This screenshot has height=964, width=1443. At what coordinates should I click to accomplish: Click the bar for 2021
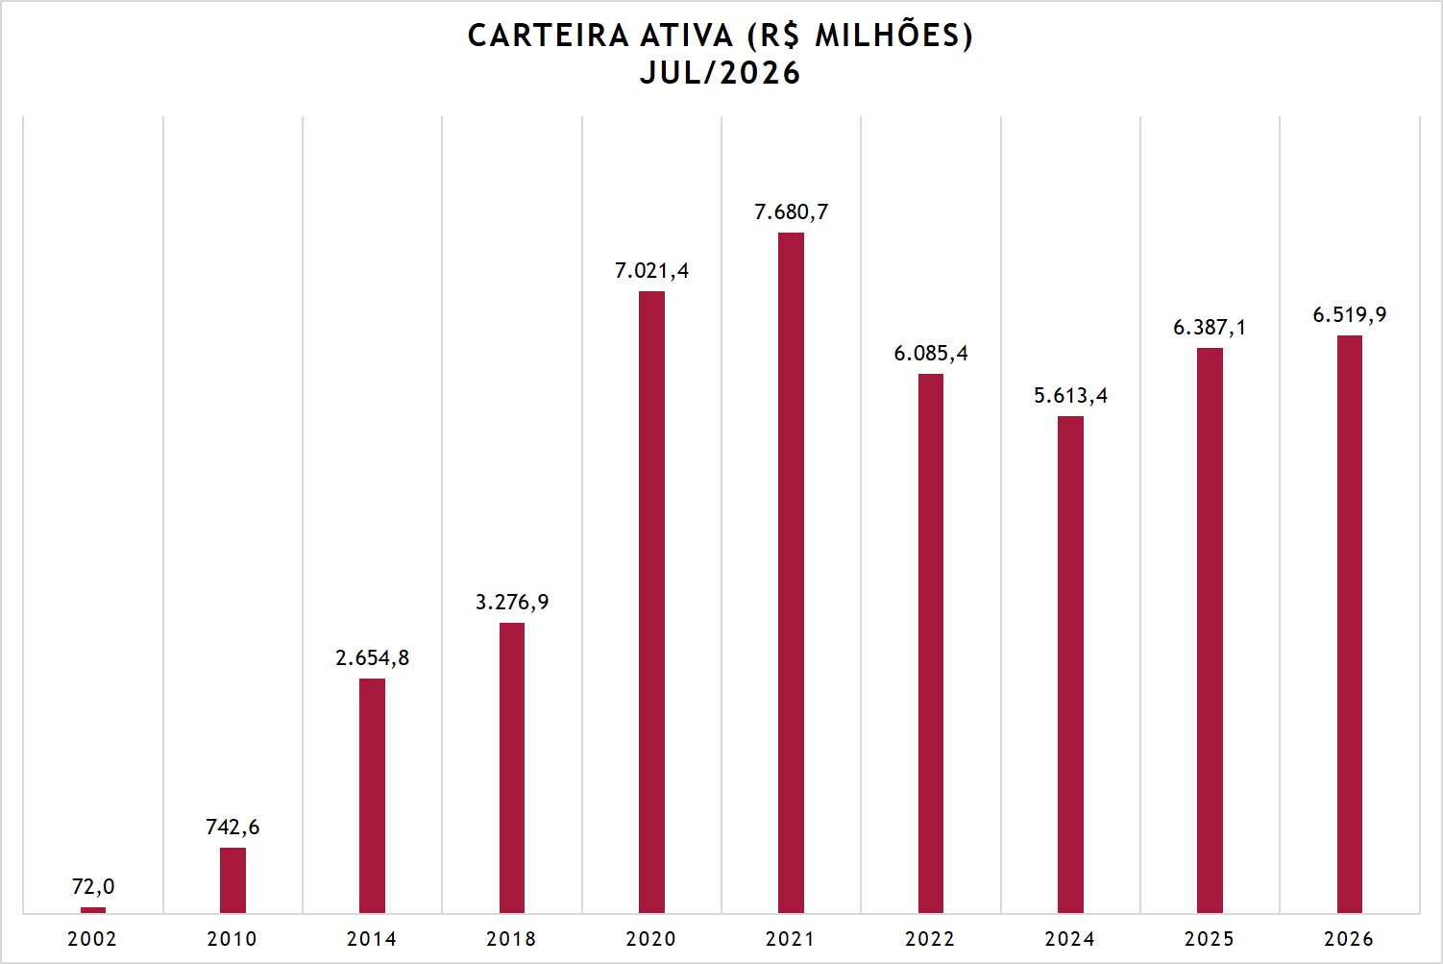click(x=791, y=573)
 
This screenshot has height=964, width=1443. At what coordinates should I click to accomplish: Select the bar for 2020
click(x=651, y=603)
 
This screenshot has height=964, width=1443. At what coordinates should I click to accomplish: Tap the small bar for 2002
click(x=93, y=910)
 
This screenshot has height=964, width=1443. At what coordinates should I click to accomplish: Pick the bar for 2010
click(x=232, y=880)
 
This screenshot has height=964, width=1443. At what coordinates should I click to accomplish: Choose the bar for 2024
click(x=1070, y=664)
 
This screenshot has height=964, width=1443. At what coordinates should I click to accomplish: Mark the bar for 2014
click(x=373, y=796)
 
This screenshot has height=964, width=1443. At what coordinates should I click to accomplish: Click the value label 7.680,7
click(x=791, y=212)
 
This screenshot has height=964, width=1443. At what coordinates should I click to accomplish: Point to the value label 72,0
click(x=93, y=887)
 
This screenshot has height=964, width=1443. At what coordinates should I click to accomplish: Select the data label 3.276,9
click(x=512, y=602)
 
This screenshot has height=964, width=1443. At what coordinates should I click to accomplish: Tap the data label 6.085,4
click(x=930, y=353)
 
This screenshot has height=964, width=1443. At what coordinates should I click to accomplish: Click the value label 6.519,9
click(x=1350, y=314)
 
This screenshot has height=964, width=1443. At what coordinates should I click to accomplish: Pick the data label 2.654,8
click(x=373, y=658)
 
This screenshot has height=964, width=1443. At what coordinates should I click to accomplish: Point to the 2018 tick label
click(x=511, y=939)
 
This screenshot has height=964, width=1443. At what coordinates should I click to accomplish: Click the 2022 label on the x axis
click(x=930, y=939)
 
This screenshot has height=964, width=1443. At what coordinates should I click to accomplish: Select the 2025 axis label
click(x=1210, y=939)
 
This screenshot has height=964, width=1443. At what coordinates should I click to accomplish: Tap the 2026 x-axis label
click(x=1349, y=939)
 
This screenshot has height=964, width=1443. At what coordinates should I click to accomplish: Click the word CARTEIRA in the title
click(x=549, y=37)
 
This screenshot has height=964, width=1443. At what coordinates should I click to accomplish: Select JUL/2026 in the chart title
click(x=721, y=73)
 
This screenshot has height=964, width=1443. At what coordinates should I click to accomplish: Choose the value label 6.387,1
click(x=1210, y=328)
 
